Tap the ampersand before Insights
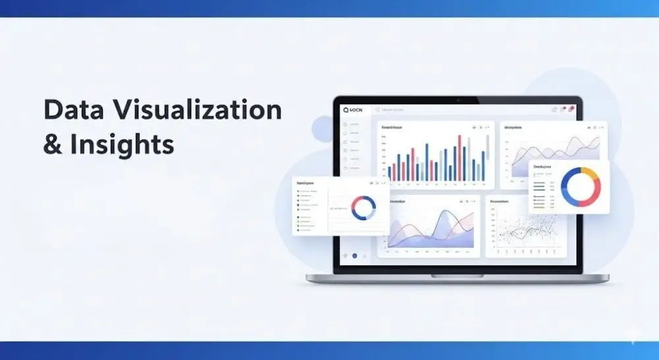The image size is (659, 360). pos(51,144)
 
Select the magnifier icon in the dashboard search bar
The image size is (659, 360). pos(378,110)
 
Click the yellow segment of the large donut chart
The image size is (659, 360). pos(590,175)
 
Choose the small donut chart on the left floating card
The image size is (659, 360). pos(363,208)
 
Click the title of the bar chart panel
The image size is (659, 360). pos(392,127)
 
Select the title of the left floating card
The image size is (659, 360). pos(306,183)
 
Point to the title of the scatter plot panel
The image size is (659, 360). pos(500,201)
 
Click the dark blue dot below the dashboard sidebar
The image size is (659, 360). pos(355,255)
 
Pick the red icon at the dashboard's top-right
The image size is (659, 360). pos(571,109)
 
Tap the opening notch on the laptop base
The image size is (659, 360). pos(457,276)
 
